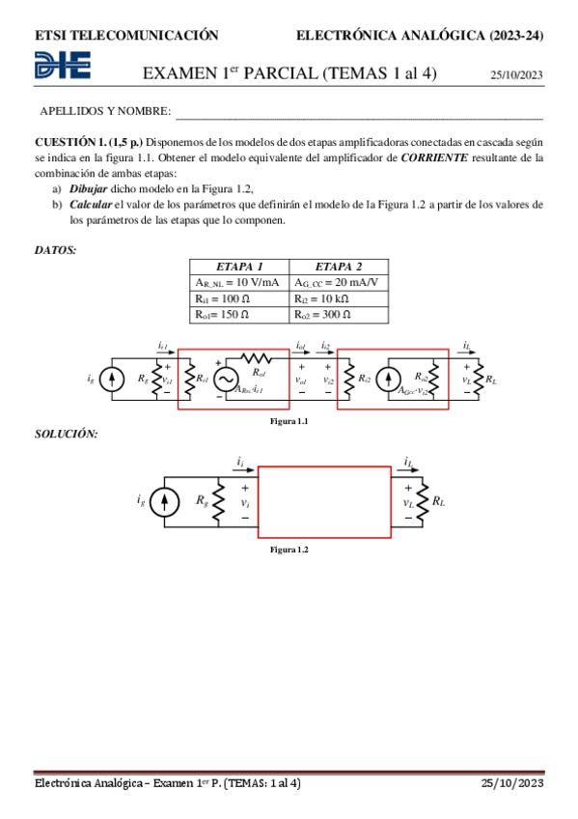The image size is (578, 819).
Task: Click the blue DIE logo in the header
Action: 63,66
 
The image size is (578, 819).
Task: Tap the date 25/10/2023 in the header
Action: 516,74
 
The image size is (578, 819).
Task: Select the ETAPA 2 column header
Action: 338,267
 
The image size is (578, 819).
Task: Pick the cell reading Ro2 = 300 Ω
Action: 338,315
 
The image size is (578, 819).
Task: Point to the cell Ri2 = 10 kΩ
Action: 338,298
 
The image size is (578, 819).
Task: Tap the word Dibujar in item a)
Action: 88,188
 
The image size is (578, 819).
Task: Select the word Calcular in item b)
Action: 89,205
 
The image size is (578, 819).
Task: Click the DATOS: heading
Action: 55,250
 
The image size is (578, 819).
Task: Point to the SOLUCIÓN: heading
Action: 66,434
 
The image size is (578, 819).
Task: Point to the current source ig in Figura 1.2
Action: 166,500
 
